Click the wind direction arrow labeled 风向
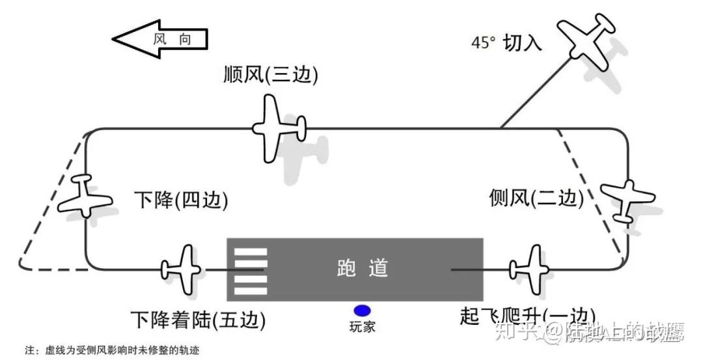161,39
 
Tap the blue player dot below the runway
362,311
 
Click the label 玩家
362,327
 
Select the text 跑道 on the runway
363,268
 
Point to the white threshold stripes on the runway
250,270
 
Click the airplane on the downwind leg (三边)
278,127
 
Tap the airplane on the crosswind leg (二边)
626,199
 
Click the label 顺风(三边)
270,76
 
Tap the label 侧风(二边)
535,198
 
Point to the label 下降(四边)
181,200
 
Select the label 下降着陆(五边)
198,320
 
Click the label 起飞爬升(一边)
527,316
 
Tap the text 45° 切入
506,43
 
